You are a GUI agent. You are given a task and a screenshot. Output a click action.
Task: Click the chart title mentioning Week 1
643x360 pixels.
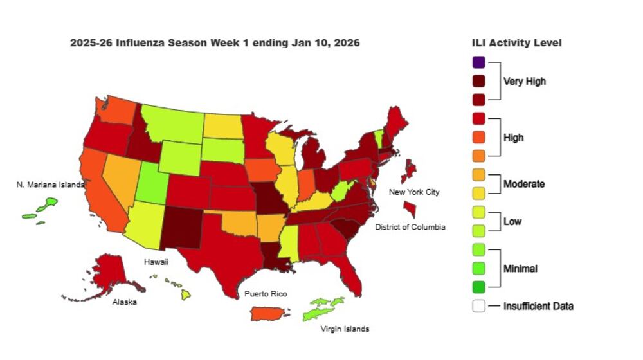215,43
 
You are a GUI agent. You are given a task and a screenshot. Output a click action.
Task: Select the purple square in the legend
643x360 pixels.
478,62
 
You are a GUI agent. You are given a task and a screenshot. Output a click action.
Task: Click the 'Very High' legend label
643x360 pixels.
524,82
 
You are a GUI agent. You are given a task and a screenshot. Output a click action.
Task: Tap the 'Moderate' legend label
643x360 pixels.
524,184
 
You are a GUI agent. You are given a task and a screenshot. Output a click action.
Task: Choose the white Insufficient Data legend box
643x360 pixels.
478,306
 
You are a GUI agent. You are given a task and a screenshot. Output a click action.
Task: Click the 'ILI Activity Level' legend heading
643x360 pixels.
516,43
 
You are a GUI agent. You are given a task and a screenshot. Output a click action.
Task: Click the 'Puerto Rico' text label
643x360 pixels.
266,294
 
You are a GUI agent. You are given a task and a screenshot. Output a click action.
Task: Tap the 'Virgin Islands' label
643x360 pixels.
345,329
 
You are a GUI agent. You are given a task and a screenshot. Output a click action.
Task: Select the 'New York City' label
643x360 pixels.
414,192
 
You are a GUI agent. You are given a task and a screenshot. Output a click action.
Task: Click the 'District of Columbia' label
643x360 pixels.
411,227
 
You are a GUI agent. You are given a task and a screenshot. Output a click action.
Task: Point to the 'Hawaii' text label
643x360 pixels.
157,262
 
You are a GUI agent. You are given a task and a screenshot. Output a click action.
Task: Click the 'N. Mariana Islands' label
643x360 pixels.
50,185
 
